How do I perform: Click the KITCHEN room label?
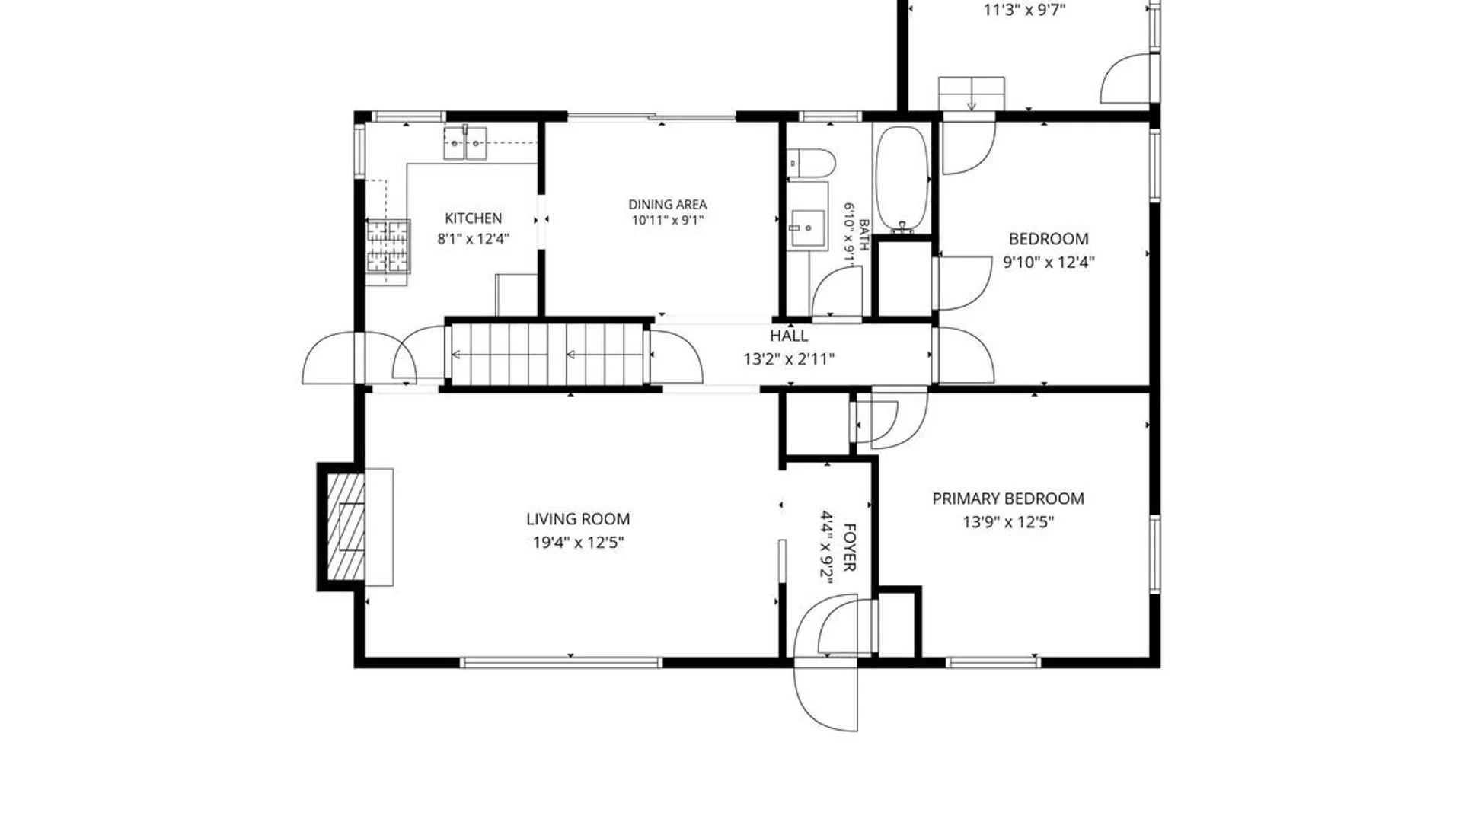[473, 218]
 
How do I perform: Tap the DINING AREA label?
[667, 204]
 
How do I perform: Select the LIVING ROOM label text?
[578, 519]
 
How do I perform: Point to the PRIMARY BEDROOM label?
[1008, 499]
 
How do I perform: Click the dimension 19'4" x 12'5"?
[578, 543]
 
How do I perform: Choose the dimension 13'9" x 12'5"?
[1008, 522]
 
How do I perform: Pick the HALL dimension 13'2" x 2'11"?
[789, 358]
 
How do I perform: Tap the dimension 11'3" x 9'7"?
[1024, 11]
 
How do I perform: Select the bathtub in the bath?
[902, 180]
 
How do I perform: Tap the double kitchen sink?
[465, 142]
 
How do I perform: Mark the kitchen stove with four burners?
[388, 246]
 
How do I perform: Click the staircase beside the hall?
[548, 355]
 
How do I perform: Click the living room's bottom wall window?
[561, 663]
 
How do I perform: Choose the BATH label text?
[863, 235]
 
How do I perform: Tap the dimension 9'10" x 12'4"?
[1049, 263]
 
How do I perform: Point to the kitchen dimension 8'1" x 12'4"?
[473, 239]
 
